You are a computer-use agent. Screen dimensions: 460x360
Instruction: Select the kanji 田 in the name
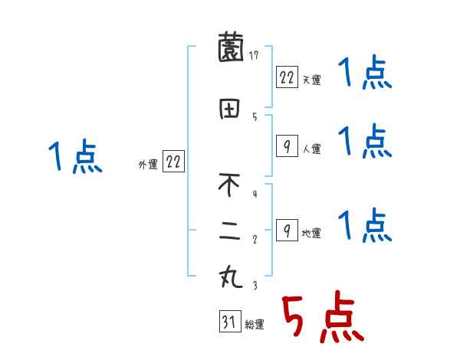tap(229, 110)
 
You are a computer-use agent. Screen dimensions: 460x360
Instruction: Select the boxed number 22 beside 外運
tap(174, 162)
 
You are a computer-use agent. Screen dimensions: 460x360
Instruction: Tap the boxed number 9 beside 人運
tap(286, 146)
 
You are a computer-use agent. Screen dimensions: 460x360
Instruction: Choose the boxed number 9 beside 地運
tap(286, 231)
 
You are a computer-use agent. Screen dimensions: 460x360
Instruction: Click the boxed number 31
tap(228, 322)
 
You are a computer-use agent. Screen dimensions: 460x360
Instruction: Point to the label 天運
tap(311, 80)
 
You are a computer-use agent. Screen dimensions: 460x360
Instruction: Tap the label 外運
tap(148, 164)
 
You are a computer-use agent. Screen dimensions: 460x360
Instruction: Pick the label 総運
tap(255, 325)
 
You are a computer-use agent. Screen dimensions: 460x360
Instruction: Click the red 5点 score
tap(322, 318)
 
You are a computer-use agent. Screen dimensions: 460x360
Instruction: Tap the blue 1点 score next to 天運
tap(365, 74)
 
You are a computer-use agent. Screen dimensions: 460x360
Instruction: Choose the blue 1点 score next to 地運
tap(365, 226)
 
